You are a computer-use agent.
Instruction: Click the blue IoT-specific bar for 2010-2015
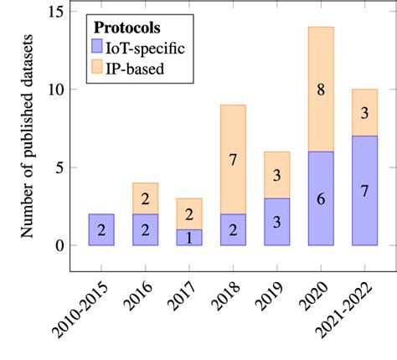coord(101,229)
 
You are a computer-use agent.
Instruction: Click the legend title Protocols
coord(126,28)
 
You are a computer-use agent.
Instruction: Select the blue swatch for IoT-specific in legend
coord(100,48)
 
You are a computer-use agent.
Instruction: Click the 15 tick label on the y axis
coord(55,12)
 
